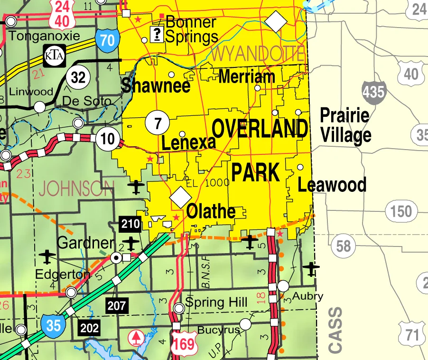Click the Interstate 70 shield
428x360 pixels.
107,39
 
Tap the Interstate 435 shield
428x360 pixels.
373,92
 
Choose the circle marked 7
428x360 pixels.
157,123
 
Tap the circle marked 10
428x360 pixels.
107,139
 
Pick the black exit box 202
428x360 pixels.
90,328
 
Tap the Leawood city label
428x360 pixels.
332,184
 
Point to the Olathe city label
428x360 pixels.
211,211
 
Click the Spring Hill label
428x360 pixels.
216,302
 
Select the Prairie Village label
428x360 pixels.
345,125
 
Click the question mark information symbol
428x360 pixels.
156,34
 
